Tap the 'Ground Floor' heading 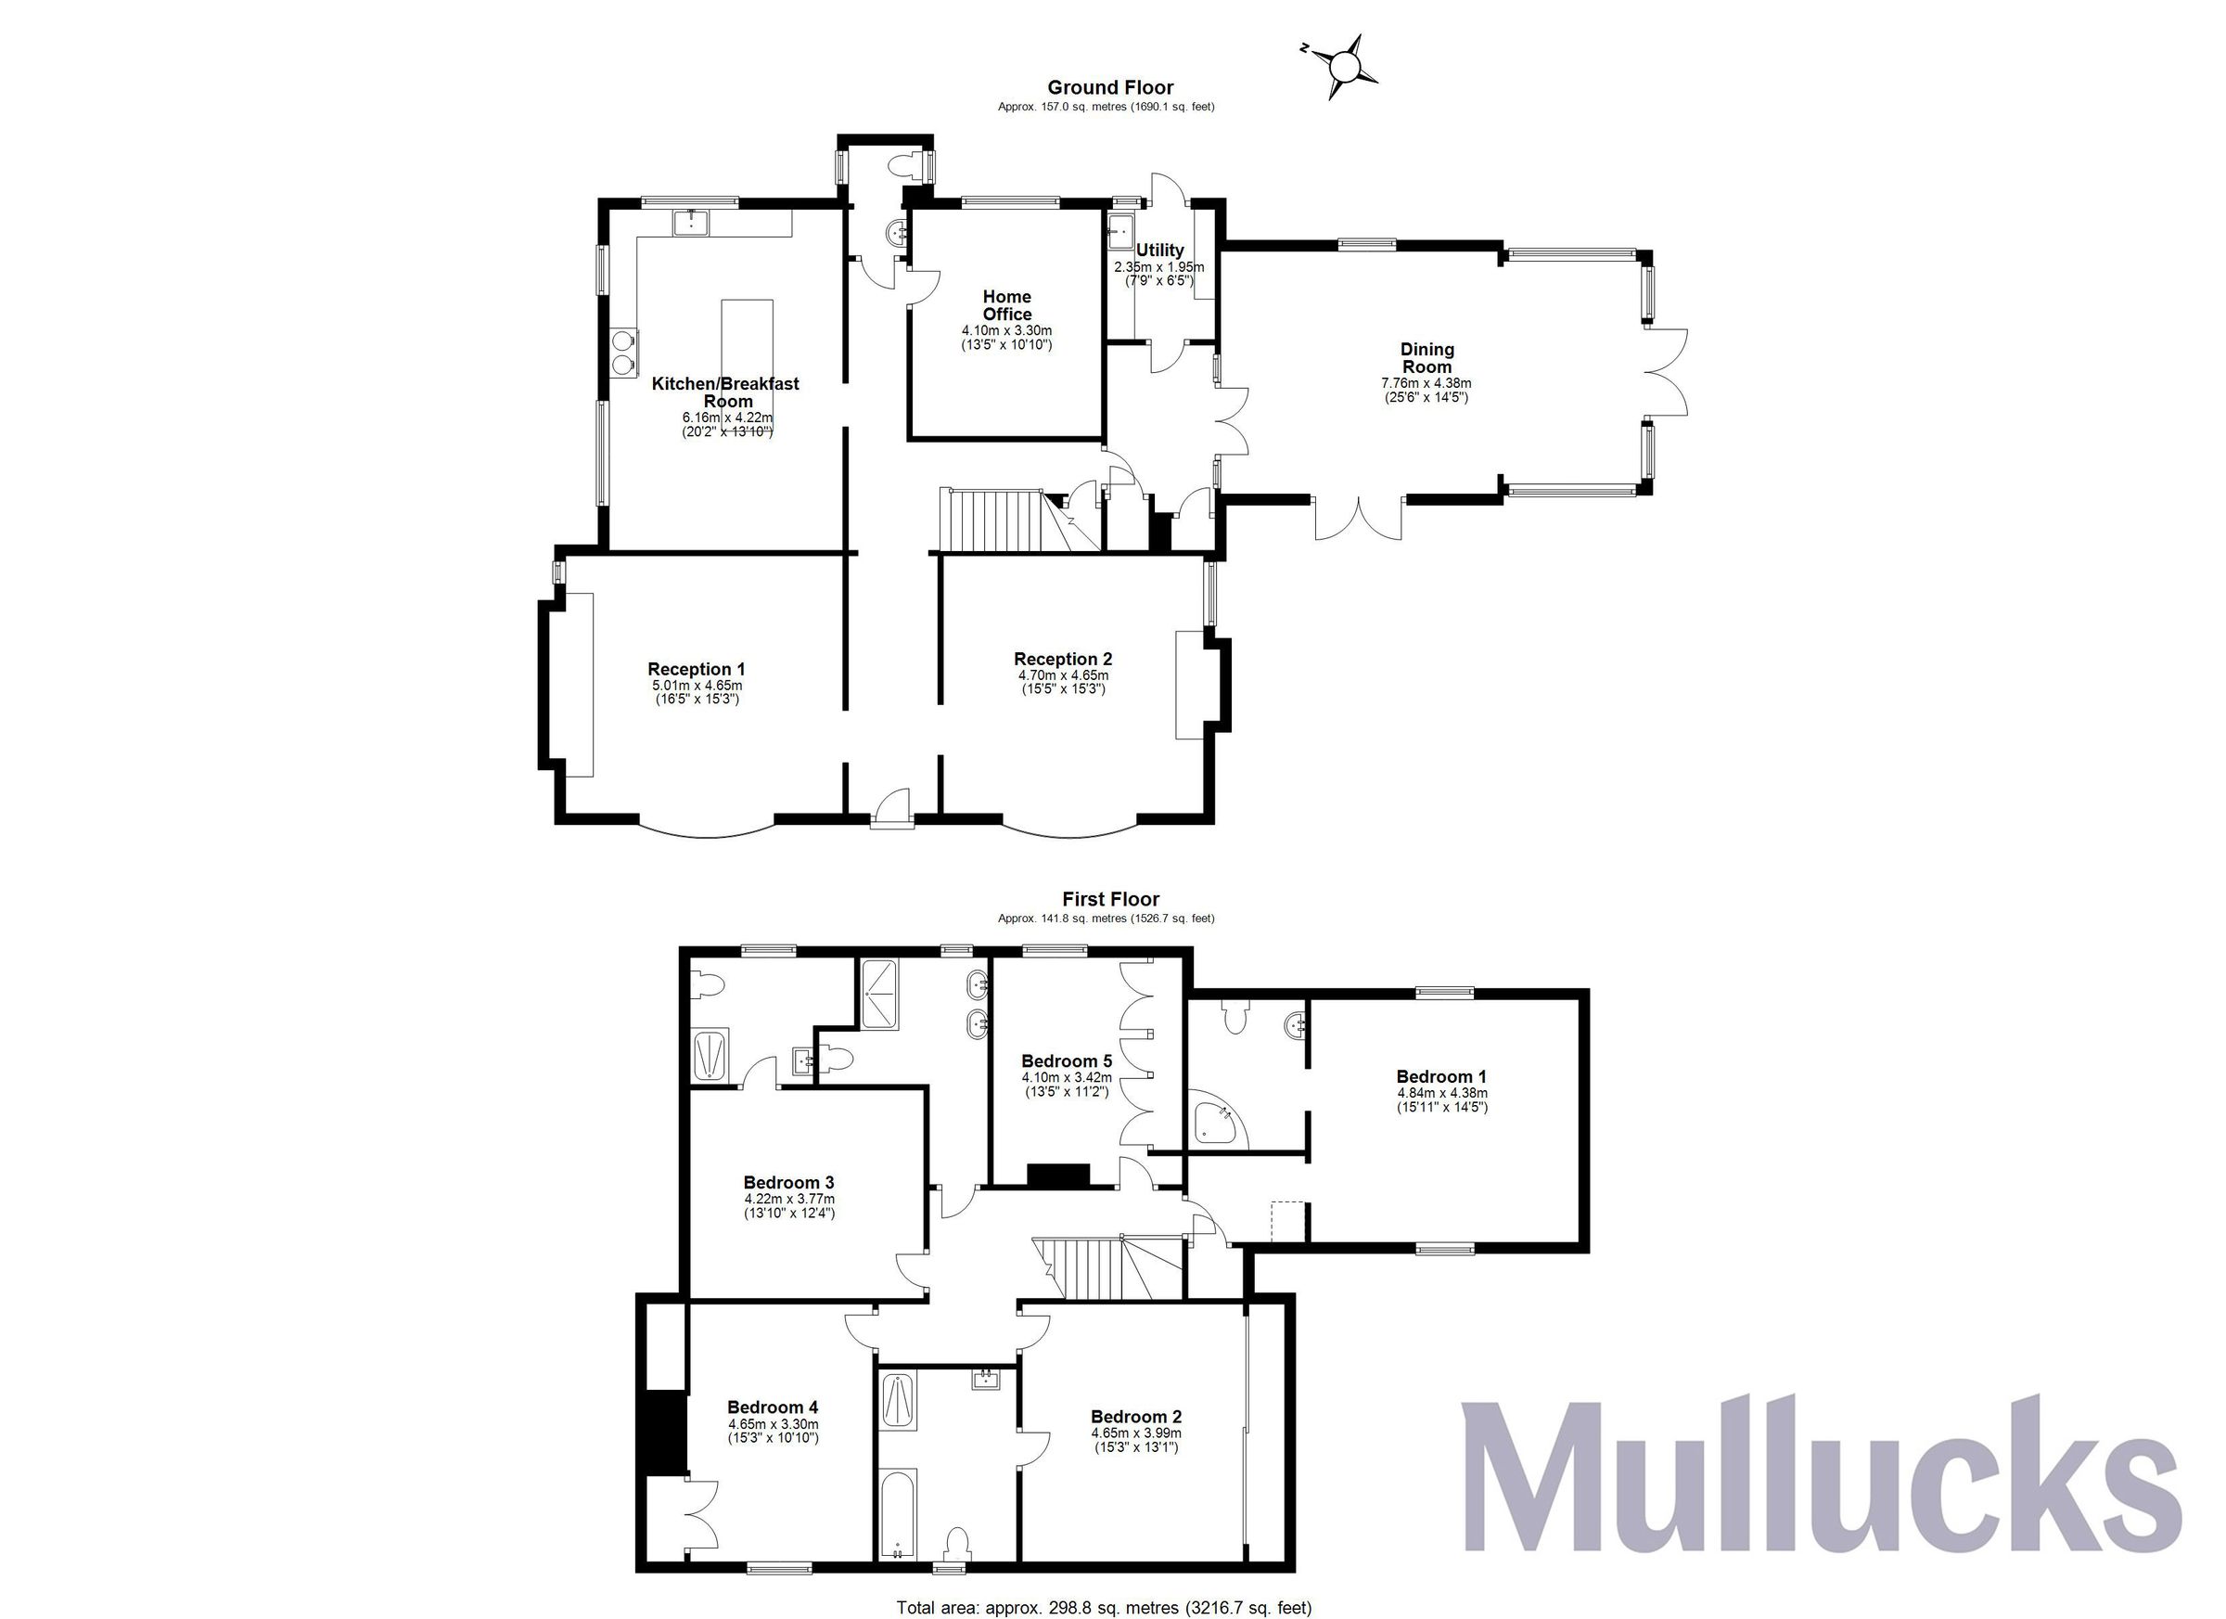click(1110, 87)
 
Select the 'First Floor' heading click(1110, 899)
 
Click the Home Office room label click(1007, 305)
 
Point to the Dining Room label click(1426, 357)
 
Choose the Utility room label click(1159, 251)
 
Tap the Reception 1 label click(696, 670)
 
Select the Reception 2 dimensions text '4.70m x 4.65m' click(1063, 675)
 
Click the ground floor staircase click(991, 520)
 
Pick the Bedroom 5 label click(1066, 1061)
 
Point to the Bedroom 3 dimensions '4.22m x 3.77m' click(789, 1199)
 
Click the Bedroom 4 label click(773, 1407)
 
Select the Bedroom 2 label click(1135, 1417)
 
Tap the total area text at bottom click(1103, 1607)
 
